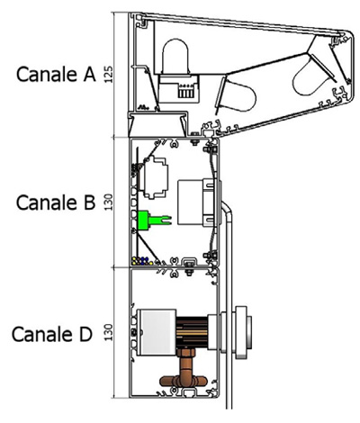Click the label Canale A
click(56, 74)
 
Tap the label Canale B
click(56, 202)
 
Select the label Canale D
click(51, 334)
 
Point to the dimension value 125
click(108, 74)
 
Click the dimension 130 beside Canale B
click(108, 202)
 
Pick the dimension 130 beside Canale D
click(108, 332)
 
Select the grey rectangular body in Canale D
click(157, 332)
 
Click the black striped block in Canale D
click(192, 332)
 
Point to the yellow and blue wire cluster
click(142, 260)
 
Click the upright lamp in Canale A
click(175, 57)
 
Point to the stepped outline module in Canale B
click(155, 177)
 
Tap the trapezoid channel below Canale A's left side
click(158, 124)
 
